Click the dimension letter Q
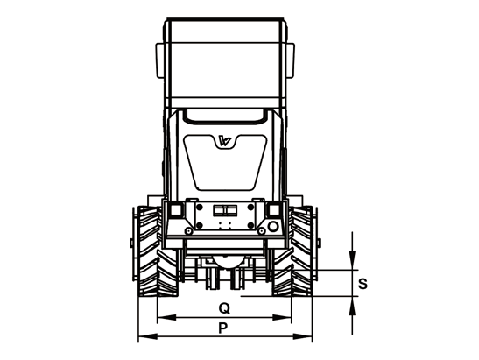point(224,308)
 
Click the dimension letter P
point(223,328)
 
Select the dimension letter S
point(363,284)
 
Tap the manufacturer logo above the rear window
point(225,141)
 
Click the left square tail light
point(176,210)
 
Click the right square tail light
point(274,210)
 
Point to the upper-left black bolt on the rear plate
point(200,208)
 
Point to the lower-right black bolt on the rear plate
point(250,225)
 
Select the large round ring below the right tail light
point(273,227)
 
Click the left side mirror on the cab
point(160,60)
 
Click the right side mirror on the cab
point(290,60)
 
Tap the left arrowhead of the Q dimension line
point(166,318)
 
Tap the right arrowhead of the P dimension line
point(302,336)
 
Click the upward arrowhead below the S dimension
point(352,306)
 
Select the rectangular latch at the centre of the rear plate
point(225,210)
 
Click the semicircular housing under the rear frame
point(226,263)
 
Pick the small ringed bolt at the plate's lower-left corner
point(189,230)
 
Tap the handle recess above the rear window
point(225,116)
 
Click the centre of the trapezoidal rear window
point(225,163)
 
